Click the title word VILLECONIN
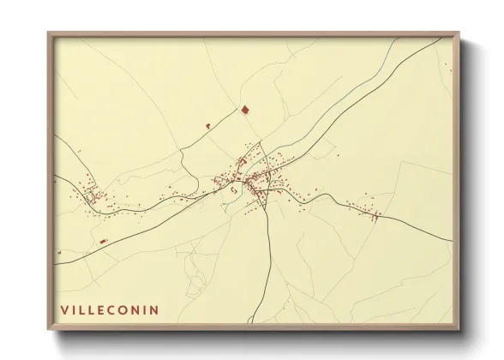109,309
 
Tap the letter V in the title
63,309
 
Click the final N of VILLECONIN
154,309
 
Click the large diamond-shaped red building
244,110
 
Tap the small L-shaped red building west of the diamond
207,126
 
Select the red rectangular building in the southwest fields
103,242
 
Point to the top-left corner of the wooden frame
49,33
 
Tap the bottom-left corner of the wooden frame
49,330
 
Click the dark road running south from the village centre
270,257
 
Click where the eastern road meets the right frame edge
452,241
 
